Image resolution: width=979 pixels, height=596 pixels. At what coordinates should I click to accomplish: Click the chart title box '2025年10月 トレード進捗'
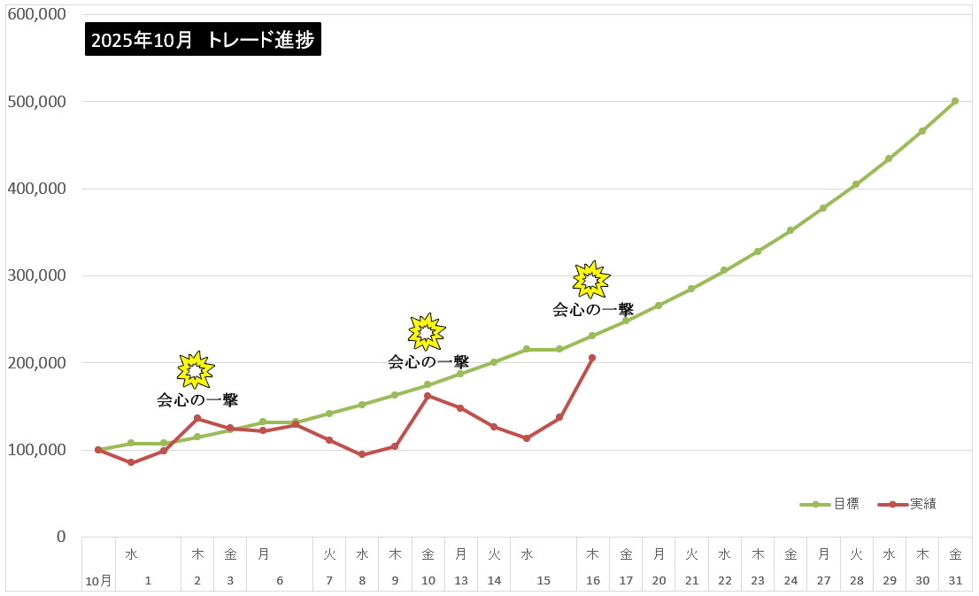(x=203, y=40)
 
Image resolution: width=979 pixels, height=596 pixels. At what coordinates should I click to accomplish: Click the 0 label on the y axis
(x=61, y=537)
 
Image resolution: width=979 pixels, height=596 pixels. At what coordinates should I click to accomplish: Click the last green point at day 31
(x=954, y=101)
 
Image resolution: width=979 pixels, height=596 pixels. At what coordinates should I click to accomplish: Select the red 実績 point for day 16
(x=592, y=358)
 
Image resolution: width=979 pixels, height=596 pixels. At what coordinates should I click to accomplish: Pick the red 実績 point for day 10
(x=428, y=396)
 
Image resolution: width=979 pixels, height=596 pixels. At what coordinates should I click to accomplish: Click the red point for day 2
(x=197, y=418)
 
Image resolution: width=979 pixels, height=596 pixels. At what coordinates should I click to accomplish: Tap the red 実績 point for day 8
(x=361, y=454)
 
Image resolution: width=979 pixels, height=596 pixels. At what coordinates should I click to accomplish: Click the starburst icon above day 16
(x=590, y=280)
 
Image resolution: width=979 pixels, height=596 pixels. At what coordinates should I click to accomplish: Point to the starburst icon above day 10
(x=427, y=331)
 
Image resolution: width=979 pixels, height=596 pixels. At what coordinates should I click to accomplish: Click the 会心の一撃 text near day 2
(x=197, y=400)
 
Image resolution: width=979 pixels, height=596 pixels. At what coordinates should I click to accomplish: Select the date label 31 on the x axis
(x=955, y=581)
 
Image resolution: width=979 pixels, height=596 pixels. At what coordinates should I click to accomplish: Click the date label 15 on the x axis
(x=543, y=581)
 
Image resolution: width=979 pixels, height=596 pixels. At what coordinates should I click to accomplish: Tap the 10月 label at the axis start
(x=98, y=581)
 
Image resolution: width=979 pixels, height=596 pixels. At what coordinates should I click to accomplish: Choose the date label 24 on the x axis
(x=790, y=581)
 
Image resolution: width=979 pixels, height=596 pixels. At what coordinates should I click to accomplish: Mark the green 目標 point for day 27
(x=823, y=208)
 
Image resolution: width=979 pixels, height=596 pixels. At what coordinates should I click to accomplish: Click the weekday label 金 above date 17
(x=626, y=554)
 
